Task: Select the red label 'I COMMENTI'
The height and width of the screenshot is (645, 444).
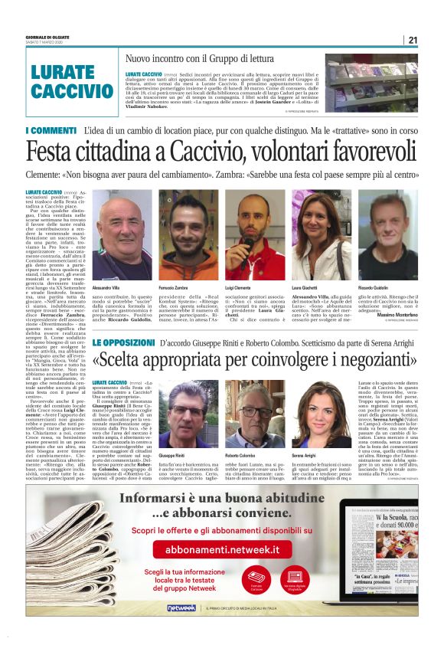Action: click(x=50, y=132)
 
